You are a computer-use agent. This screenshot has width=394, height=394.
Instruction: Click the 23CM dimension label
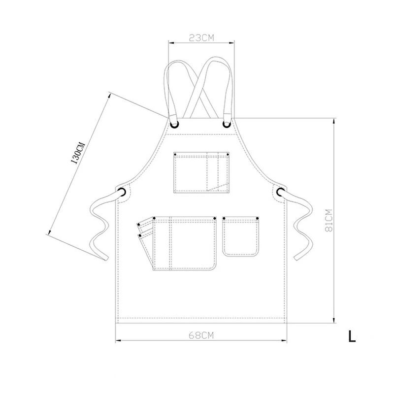pos(201,38)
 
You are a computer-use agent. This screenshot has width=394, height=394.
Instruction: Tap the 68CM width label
pos(201,335)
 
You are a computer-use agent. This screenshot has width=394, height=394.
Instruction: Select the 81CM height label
pos(329,220)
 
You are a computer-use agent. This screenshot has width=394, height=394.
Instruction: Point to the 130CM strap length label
pos(78,153)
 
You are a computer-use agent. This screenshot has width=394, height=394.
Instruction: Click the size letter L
pos(352,336)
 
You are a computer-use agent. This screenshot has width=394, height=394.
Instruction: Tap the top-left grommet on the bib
pos(174,124)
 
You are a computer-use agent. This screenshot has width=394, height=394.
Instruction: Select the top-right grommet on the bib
pos(227,124)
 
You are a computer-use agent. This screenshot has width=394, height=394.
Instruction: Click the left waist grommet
pos(122,192)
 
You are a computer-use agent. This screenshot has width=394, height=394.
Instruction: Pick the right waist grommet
pos(280,192)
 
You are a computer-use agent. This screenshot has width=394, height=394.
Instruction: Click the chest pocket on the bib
pos(201,172)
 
